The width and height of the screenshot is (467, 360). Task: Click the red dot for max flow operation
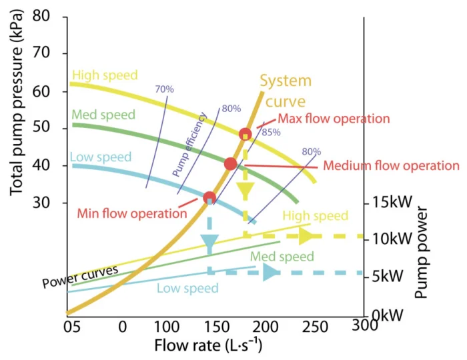coord(246,134)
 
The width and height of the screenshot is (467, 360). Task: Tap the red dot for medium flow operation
coord(230,164)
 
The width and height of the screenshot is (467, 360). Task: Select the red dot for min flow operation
coord(209,197)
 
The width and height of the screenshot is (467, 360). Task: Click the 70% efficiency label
coord(164,89)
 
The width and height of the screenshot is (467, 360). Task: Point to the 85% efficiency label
coord(271,132)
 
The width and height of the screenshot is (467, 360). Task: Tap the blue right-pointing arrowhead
coord(270,272)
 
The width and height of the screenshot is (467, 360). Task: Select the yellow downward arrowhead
coord(246,191)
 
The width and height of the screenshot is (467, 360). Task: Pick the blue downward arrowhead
coord(210,245)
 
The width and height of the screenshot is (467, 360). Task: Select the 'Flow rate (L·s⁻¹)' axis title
coord(208,345)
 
